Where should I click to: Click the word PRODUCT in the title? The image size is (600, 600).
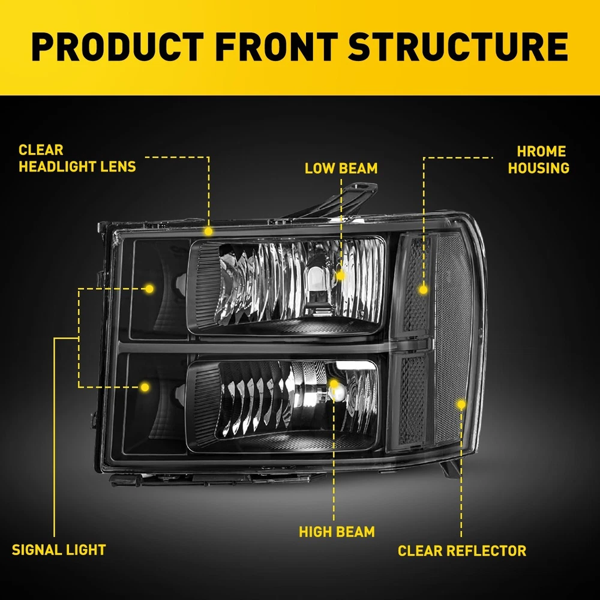tap(118, 47)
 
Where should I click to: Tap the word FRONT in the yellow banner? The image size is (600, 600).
tap(276, 47)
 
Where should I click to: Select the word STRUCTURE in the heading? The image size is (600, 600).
tap(458, 47)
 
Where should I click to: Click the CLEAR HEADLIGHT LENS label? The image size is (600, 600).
tap(77, 158)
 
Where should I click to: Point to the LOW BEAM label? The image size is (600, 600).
tap(341, 169)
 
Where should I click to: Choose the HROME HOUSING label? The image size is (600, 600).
tap(539, 160)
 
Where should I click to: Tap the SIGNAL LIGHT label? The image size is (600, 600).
tap(59, 550)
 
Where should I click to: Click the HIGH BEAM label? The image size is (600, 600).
tap(337, 532)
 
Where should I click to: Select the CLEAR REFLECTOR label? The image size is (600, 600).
tap(462, 551)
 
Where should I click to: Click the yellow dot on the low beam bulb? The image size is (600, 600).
tap(340, 275)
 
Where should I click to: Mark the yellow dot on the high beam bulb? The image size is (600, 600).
tap(334, 384)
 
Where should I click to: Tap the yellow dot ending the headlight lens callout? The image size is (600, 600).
tap(208, 231)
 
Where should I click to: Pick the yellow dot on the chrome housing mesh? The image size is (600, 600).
tap(423, 290)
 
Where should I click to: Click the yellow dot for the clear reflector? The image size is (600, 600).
tap(461, 404)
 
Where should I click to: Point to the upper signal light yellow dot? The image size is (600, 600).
tap(149, 289)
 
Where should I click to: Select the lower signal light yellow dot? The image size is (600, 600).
tap(145, 387)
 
